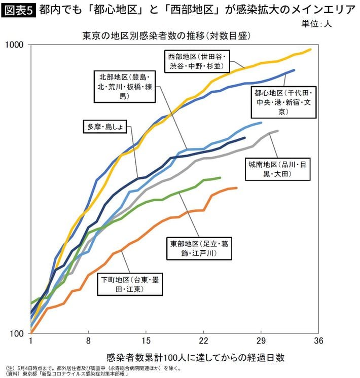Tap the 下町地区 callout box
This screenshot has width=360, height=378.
(x=132, y=284)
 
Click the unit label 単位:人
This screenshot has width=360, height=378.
(x=316, y=23)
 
